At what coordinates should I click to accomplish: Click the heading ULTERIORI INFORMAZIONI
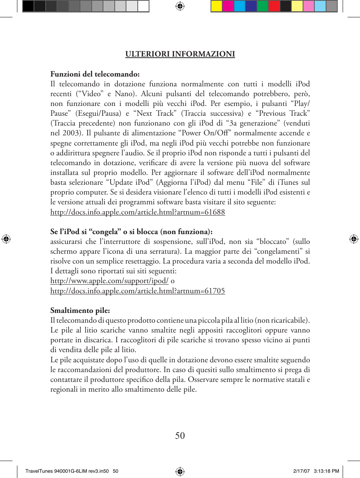tap(180, 54)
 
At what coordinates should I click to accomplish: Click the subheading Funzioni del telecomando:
tap(95, 74)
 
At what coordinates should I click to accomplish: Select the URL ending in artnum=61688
tap(138, 212)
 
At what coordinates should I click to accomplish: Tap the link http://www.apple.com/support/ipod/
tap(109, 281)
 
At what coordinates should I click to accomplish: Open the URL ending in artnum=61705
tap(138, 291)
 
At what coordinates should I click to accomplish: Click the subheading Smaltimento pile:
tap(80, 311)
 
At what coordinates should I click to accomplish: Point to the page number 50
tap(180, 435)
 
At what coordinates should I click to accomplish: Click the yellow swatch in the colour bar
tap(217, 6)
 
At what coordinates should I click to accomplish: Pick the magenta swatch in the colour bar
tap(228, 6)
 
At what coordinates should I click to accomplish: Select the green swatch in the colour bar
tap(262, 6)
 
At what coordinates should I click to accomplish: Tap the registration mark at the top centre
tap(180, 6)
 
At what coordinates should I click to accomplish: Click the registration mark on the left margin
tap(6, 239)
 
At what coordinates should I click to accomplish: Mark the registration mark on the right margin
tap(354, 239)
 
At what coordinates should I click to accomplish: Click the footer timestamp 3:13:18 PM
tap(326, 471)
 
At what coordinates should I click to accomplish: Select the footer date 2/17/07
tap(302, 471)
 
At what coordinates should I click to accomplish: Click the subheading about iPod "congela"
tap(131, 231)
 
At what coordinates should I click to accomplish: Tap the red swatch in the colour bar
tap(274, 6)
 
